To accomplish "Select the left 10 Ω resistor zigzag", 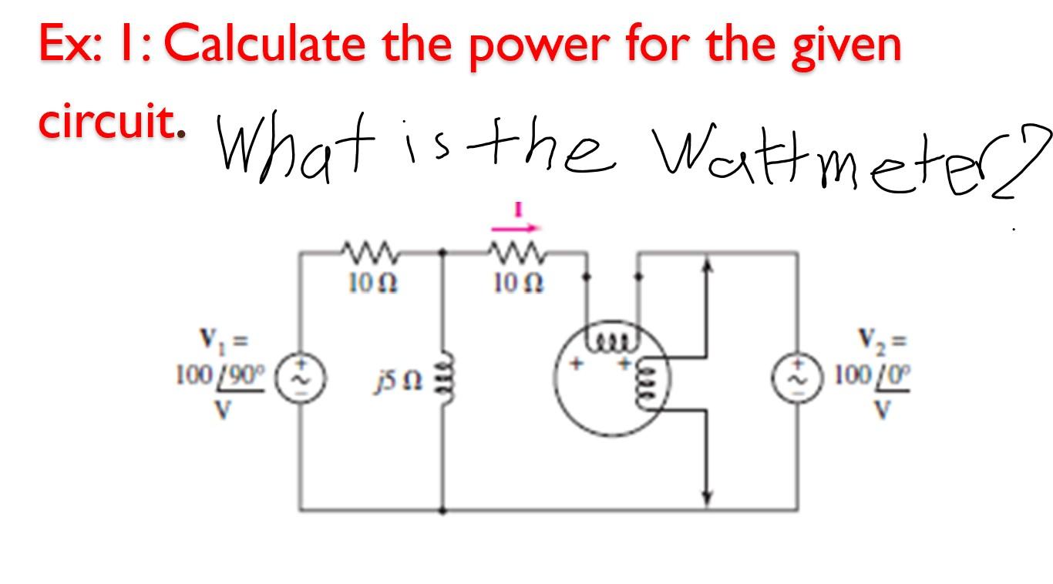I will (x=368, y=251).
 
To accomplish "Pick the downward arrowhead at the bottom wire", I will (x=708, y=496).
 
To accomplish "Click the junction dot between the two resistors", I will (x=442, y=251).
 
